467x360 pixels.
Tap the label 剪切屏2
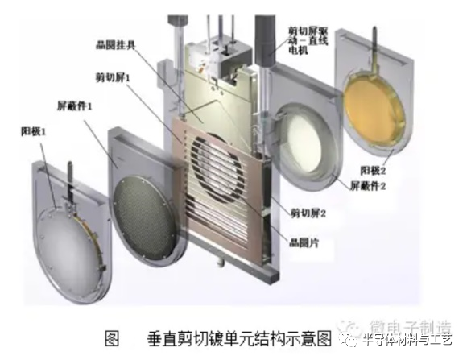coord(307,214)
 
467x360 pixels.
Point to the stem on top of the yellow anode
coord(374,43)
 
